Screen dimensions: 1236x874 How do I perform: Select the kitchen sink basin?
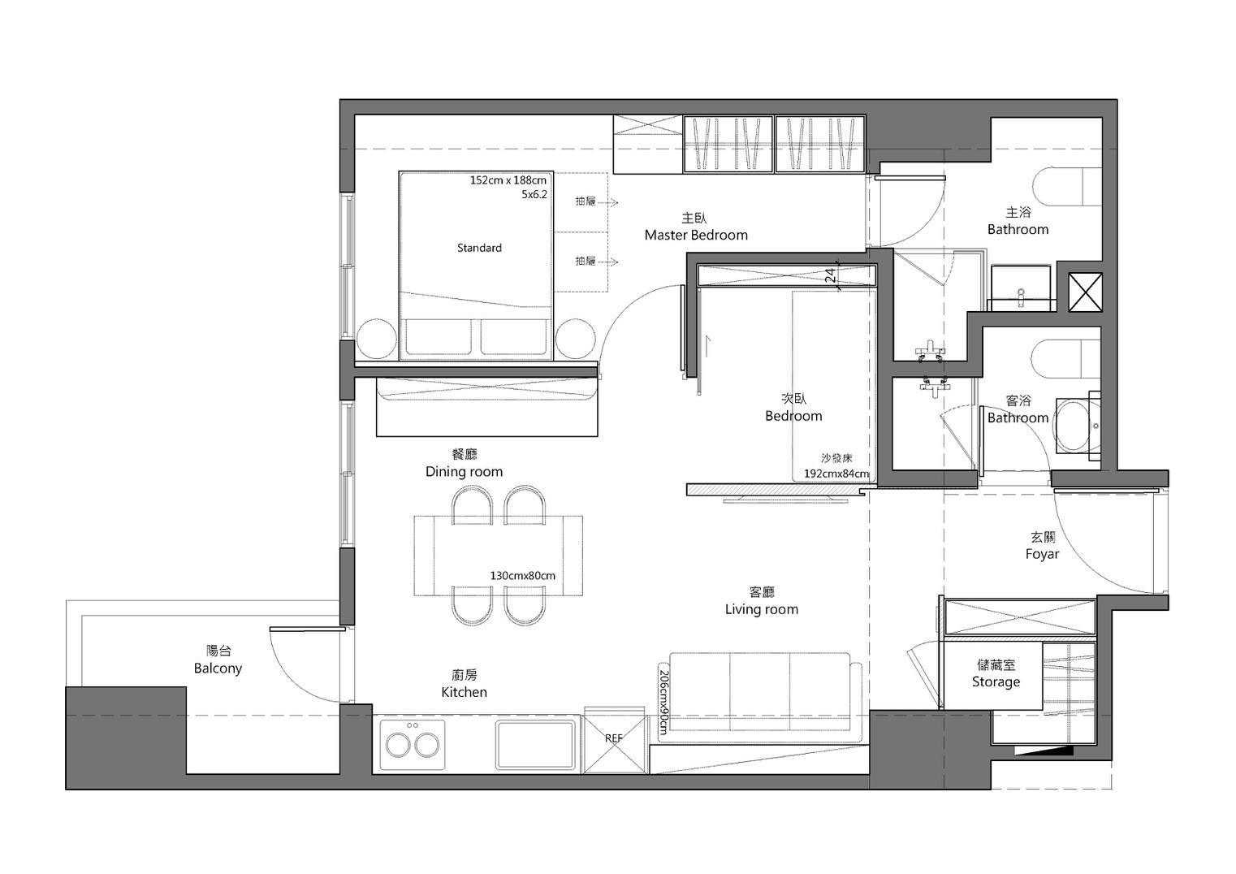click(534, 744)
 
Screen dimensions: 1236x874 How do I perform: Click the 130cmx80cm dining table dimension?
click(522, 576)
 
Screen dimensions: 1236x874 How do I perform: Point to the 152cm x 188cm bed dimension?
click(508, 180)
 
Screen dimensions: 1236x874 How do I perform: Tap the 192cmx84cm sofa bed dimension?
click(836, 474)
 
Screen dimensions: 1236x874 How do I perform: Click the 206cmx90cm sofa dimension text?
click(663, 703)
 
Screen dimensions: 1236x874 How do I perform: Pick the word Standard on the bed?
click(479, 248)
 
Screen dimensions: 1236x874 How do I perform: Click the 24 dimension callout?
click(830, 275)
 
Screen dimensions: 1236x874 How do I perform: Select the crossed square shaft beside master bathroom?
click(1086, 292)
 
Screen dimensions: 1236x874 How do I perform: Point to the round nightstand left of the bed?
click(377, 339)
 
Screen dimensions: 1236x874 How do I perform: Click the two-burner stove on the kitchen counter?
click(413, 744)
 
